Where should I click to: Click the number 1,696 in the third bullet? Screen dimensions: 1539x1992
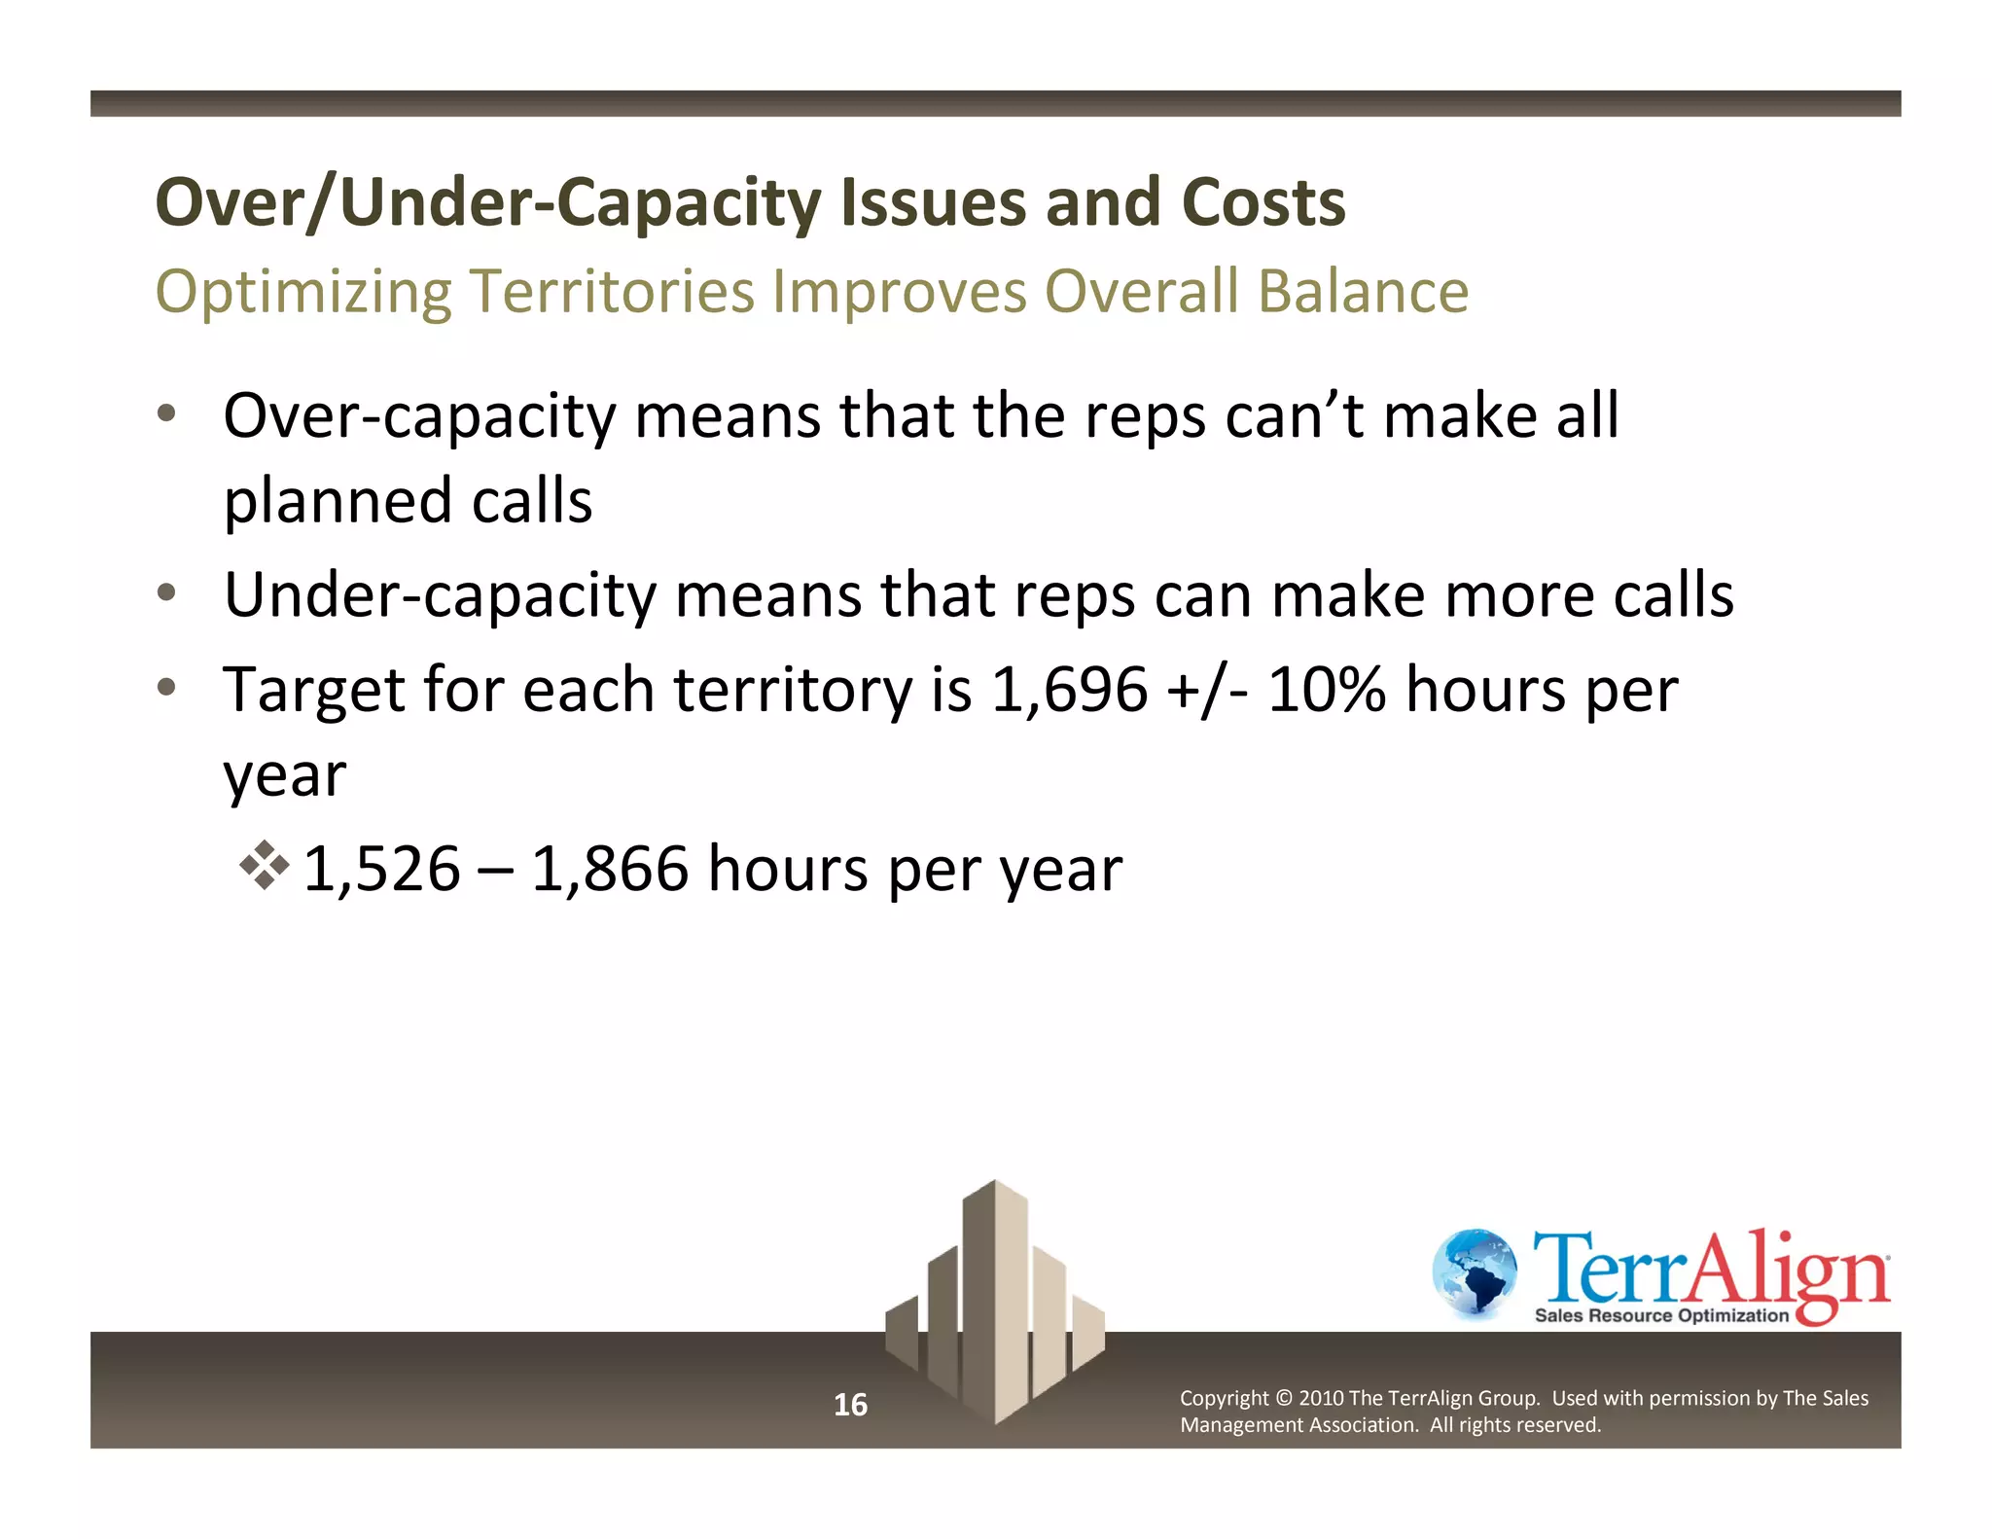(1069, 690)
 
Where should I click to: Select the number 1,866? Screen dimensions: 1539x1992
(610, 869)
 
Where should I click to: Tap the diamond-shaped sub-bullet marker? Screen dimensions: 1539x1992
(265, 865)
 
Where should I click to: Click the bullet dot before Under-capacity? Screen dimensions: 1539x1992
(167, 591)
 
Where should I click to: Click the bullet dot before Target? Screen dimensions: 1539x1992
(167, 687)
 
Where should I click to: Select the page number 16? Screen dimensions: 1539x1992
(850, 1405)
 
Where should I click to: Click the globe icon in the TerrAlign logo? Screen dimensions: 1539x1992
(1475, 1273)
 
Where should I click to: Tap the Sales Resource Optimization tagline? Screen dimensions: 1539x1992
(1661, 1316)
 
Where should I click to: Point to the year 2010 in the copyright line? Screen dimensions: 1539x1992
(1321, 1399)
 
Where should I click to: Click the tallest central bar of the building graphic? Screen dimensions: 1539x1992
(994, 1294)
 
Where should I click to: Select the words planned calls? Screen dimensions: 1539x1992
(408, 502)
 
